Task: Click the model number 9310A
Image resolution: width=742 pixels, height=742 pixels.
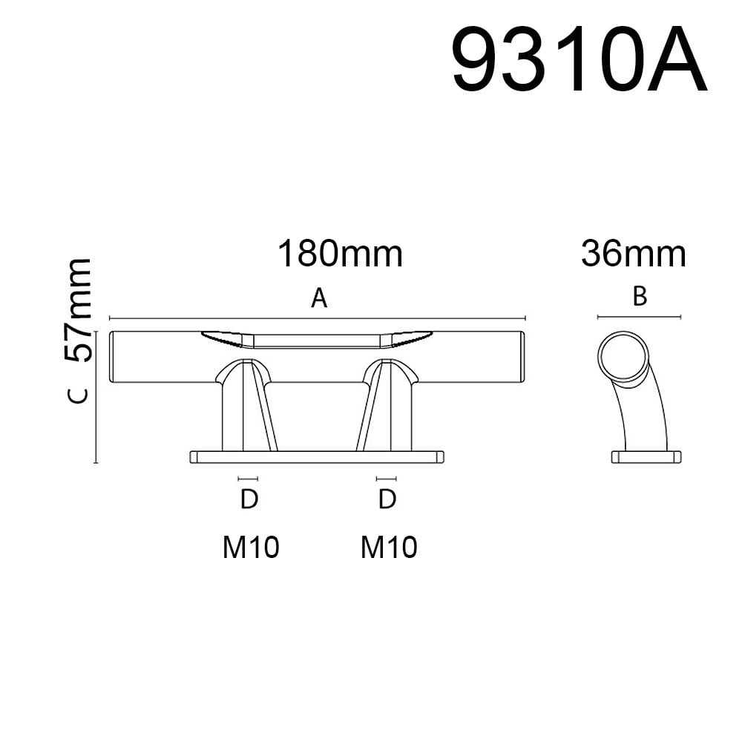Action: click(x=580, y=59)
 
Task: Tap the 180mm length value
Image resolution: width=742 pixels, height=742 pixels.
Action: click(x=341, y=254)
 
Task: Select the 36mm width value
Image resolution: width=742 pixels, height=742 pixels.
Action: click(x=634, y=254)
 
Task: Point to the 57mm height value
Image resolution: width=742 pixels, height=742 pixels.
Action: click(x=77, y=310)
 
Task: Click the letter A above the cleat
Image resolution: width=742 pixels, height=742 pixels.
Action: click(x=319, y=298)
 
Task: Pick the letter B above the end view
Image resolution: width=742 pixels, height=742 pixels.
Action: click(x=640, y=297)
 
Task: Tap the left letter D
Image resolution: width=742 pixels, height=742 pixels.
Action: click(x=249, y=499)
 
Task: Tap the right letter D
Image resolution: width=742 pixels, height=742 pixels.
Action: click(x=387, y=499)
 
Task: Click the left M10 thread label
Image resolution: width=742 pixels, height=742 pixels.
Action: click(x=251, y=547)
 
